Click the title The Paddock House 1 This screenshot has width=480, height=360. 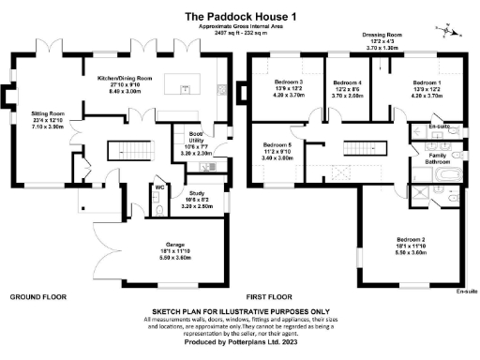(239, 16)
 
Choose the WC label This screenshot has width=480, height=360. (160, 187)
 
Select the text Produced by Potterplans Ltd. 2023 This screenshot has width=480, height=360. (240, 344)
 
